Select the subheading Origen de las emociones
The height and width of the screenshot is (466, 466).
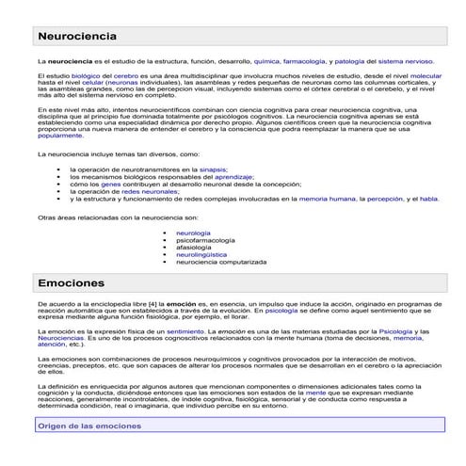pyautogui.click(x=88, y=426)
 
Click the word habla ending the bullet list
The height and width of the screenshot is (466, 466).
pyautogui.click(x=429, y=200)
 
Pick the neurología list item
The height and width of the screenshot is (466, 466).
pyautogui.click(x=193, y=232)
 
